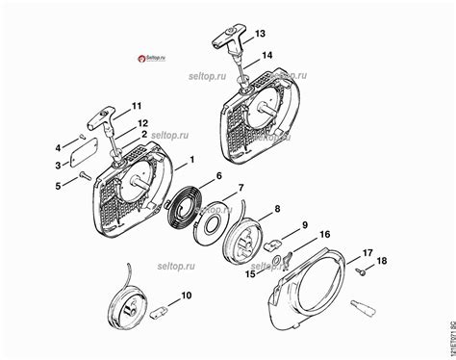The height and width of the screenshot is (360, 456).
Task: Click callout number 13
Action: (259, 33)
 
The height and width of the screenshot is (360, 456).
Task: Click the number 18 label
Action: (381, 262)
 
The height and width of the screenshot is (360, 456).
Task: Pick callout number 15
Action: (249, 274)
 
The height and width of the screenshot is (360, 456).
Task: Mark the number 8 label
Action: (277, 208)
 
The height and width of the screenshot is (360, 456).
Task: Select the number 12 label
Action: (142, 122)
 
